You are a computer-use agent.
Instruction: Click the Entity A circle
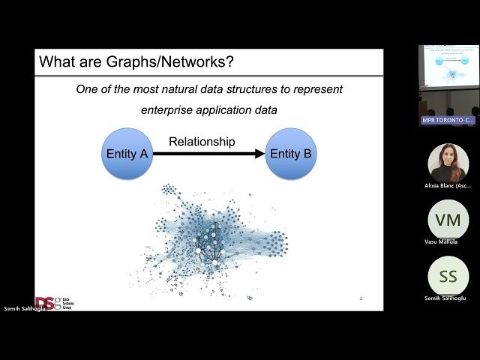(126, 154)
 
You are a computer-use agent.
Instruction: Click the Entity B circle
(292, 154)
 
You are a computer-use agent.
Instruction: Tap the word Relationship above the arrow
(202, 141)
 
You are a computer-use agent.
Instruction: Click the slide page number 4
(361, 299)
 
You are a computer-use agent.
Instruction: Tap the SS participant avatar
(448, 276)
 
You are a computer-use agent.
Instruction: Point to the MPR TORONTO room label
(448, 120)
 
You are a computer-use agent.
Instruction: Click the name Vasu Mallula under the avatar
(441, 241)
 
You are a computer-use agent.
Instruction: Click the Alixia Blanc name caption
(448, 185)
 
